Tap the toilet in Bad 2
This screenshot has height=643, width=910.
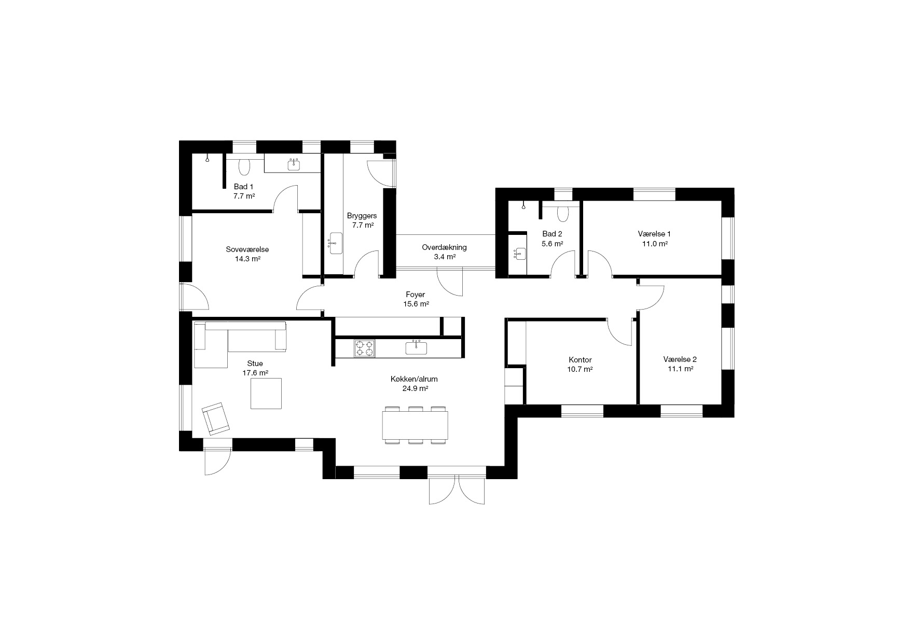pos(562,214)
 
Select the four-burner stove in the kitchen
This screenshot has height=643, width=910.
pos(364,348)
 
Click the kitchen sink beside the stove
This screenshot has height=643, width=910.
pos(416,347)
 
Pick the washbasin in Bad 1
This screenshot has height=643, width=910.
pos(295,164)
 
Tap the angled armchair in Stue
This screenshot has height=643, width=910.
pos(216,418)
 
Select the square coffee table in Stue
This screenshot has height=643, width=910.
pos(266,393)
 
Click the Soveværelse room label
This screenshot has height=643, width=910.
pos(247,249)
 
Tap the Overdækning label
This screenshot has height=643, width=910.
pos(444,247)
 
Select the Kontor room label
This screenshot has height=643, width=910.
pos(580,360)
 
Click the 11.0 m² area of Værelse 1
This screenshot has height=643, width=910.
pos(654,243)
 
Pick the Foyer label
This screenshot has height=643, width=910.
pos(415,295)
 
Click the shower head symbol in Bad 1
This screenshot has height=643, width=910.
pos(208,159)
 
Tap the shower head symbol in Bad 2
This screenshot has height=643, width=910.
pos(525,205)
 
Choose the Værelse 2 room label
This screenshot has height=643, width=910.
pos(680,359)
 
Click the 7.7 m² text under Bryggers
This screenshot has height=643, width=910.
pos(363,225)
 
